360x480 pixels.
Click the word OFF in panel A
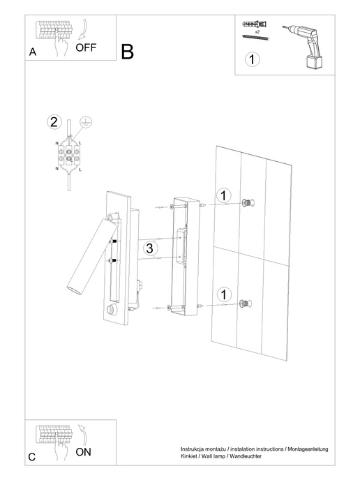pyautogui.click(x=86, y=48)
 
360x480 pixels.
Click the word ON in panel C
pyautogui.click(x=83, y=452)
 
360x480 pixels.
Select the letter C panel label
pyautogui.click(x=31, y=457)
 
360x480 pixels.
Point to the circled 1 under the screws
pyautogui.click(x=252, y=59)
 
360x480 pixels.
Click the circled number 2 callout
pyautogui.click(x=54, y=121)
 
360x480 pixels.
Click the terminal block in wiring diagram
pyautogui.click(x=69, y=153)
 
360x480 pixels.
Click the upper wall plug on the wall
pyautogui.click(x=247, y=203)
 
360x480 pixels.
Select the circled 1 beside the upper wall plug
pyautogui.click(x=222, y=195)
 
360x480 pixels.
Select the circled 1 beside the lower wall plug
pyautogui.click(x=222, y=295)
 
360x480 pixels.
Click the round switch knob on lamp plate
pyautogui.click(x=110, y=310)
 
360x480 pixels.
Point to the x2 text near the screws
pyautogui.click(x=257, y=32)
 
